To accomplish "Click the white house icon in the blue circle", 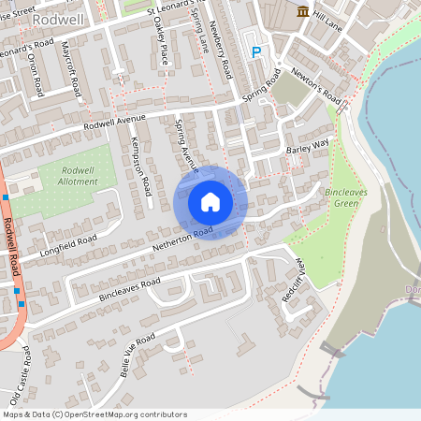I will [x=210, y=202].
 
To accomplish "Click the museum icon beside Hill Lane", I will [x=302, y=10].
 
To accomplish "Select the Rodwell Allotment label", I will [x=78, y=175].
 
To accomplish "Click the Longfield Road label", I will [x=69, y=246].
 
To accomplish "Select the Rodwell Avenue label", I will [x=115, y=123].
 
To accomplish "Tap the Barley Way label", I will [x=308, y=145].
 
